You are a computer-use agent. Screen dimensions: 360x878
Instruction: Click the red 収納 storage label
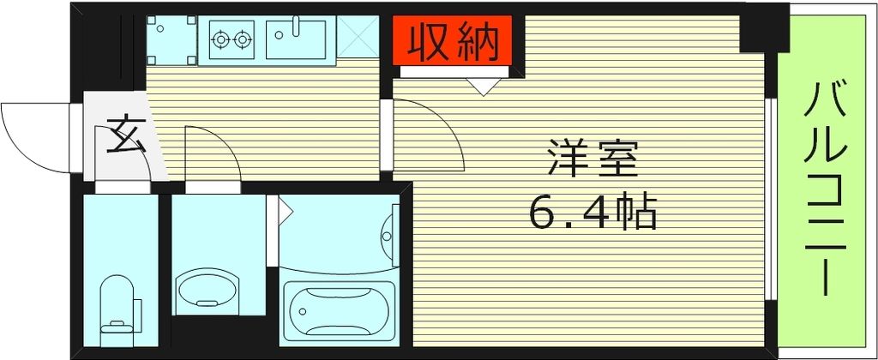[x=453, y=42]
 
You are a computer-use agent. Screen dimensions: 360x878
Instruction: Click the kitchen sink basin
[x=295, y=40]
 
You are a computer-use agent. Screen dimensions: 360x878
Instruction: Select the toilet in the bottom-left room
[x=118, y=304]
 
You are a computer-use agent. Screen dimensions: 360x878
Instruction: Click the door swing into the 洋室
[x=429, y=133]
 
